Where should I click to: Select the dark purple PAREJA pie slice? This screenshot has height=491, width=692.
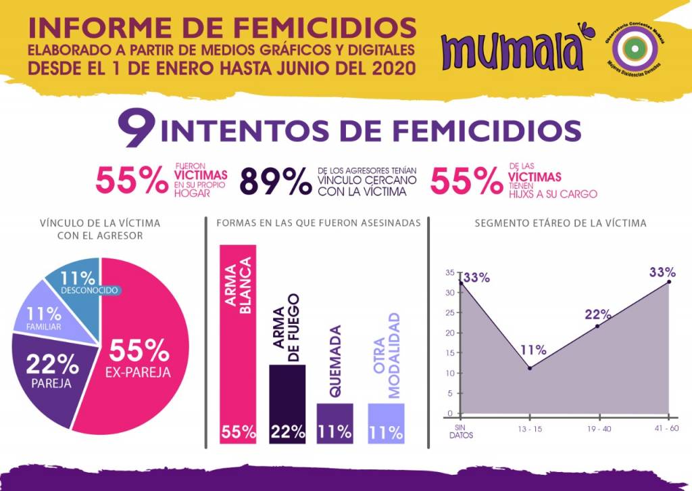click(47, 379)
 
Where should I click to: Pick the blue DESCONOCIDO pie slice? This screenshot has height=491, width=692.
click(74, 281)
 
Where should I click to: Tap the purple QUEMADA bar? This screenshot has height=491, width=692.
click(335, 423)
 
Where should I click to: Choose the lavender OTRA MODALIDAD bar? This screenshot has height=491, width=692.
click(386, 423)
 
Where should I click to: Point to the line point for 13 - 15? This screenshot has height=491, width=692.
click(530, 368)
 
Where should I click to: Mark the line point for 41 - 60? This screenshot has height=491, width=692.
click(669, 281)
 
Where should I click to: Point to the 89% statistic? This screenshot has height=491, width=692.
click(275, 181)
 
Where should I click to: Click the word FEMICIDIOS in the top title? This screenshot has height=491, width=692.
click(324, 28)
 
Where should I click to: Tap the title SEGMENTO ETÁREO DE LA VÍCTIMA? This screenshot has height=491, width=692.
click(560, 223)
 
